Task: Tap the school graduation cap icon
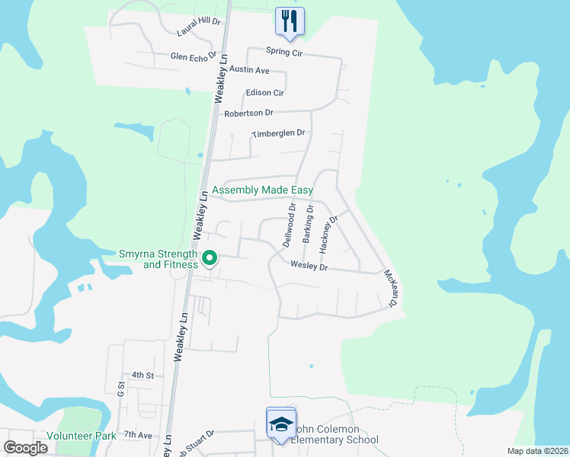pos(280,423)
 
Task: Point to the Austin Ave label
pos(252,70)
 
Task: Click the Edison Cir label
pos(264,93)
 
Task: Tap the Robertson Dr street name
pos(248,113)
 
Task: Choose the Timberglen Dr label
pos(278,133)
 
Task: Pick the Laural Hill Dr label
pos(197,28)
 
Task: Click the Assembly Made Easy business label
pos(263,190)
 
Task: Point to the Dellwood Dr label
pos(290,224)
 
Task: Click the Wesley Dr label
pos(309,267)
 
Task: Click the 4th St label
pos(142,376)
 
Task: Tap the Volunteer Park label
pos(81,436)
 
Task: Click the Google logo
pos(25,448)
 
